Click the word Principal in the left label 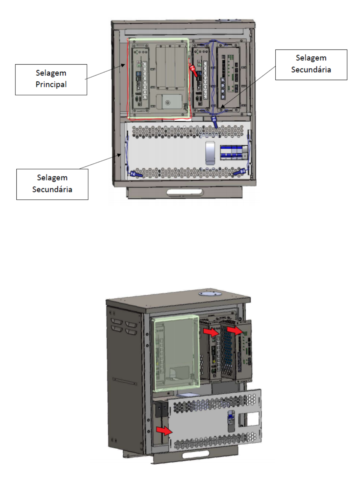coord(51,84)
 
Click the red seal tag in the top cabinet coord(194,70)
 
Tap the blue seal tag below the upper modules coord(215,122)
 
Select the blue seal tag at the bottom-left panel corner coord(136,174)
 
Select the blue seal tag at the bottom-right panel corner coord(239,172)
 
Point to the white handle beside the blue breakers coord(210,153)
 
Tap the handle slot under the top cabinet coord(185,192)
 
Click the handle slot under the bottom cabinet coord(196,455)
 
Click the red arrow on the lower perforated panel coord(164,431)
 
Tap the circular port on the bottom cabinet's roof coord(210,293)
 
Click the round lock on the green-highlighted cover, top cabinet coord(168,103)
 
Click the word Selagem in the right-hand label coord(311,58)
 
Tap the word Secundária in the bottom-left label coord(52,189)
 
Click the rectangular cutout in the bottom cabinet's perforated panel coord(249,419)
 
